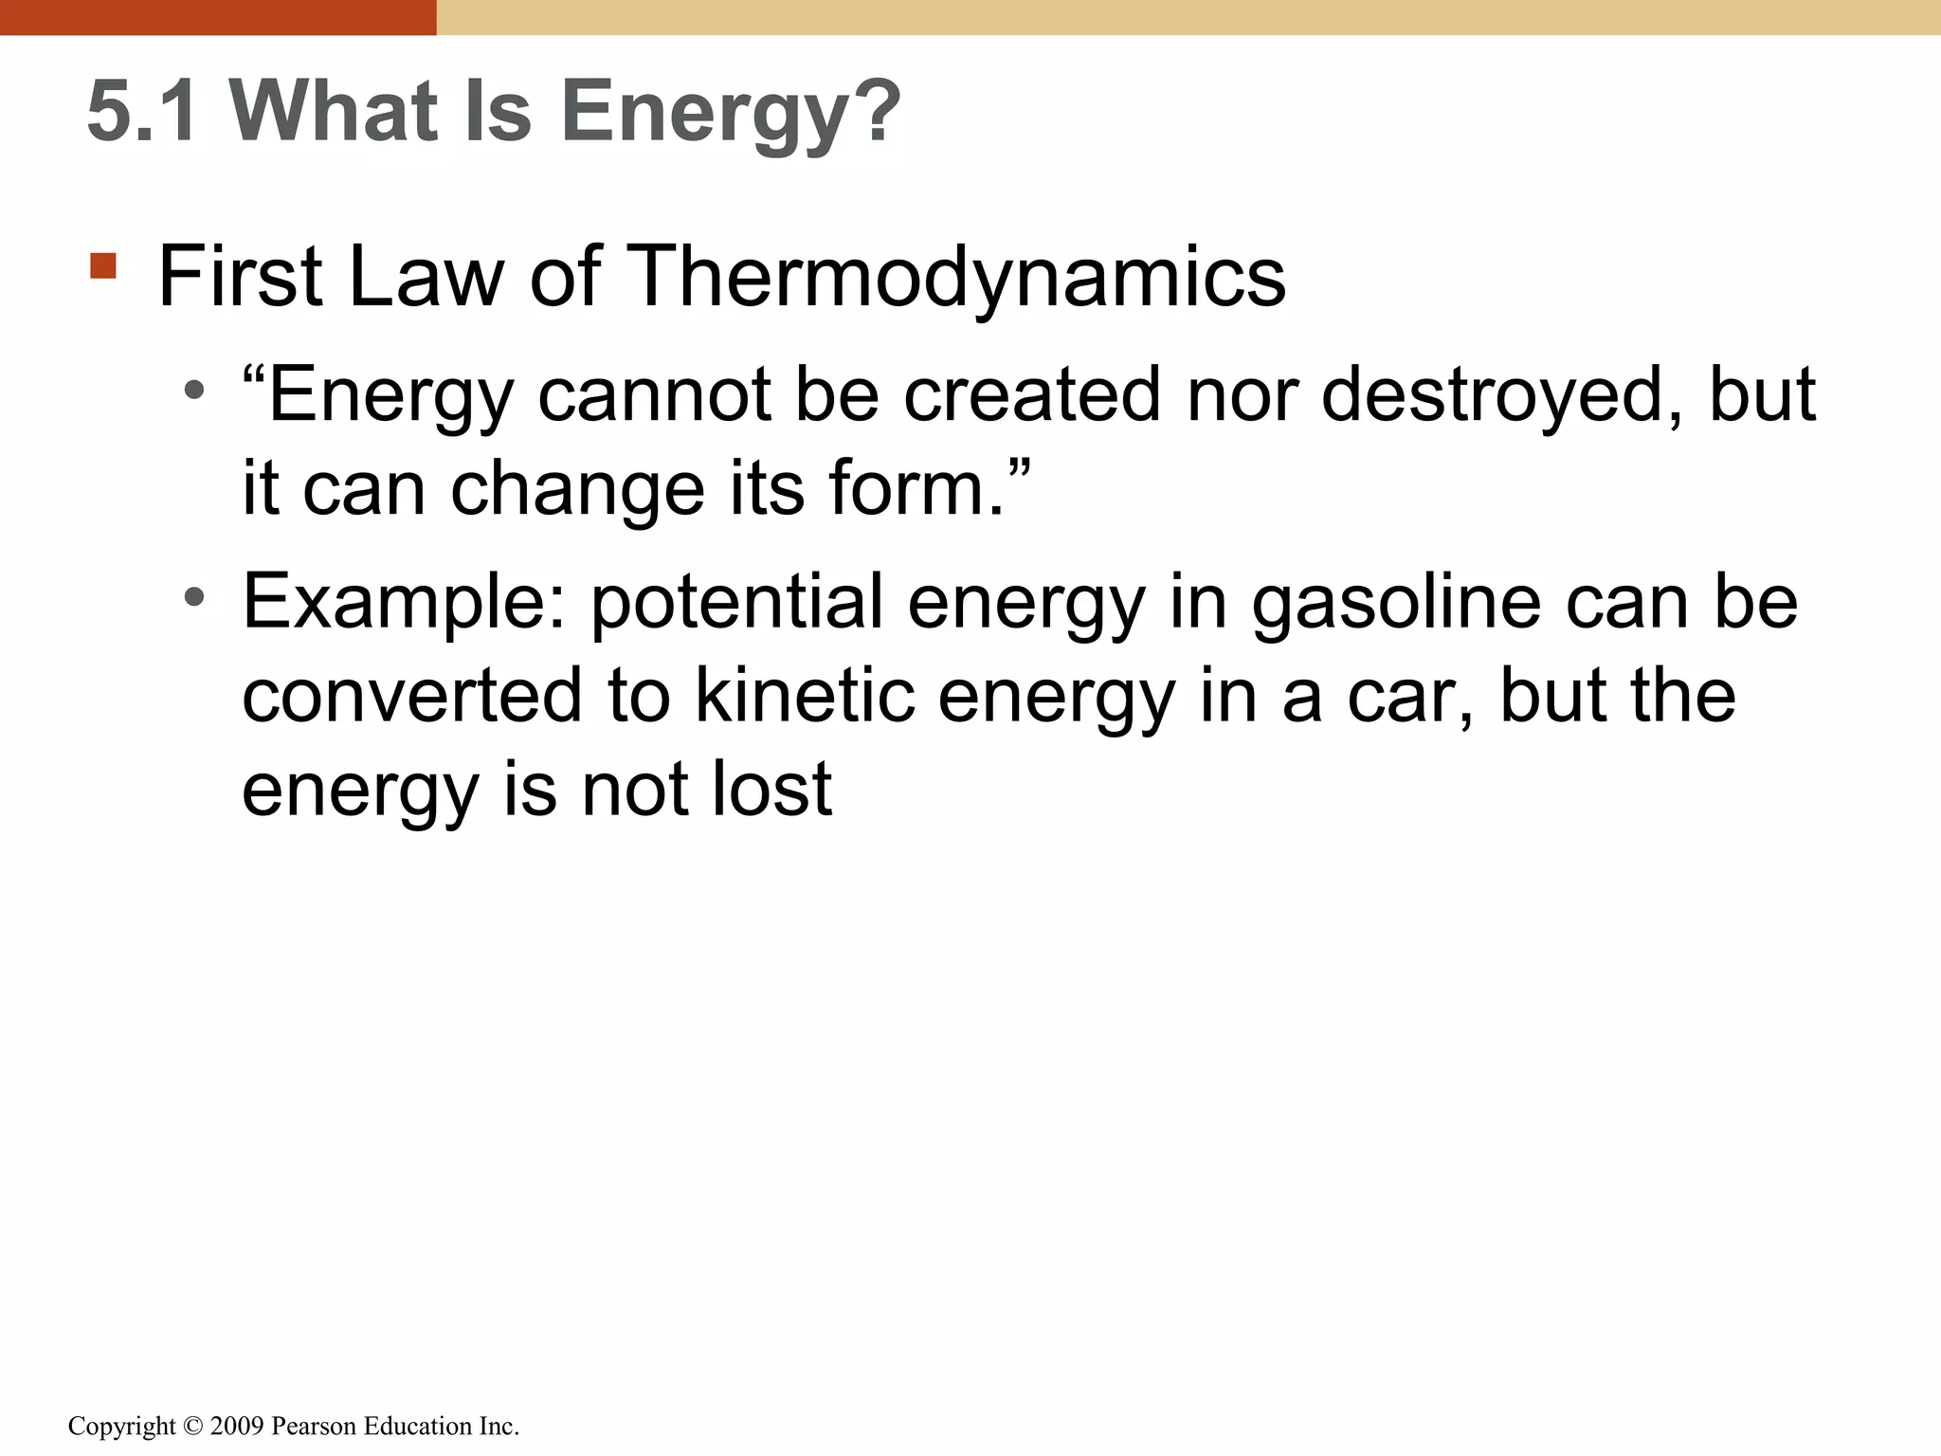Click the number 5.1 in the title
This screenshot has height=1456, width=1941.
[x=143, y=112]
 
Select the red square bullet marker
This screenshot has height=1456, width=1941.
[x=103, y=265]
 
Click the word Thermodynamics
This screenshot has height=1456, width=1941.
[x=956, y=277]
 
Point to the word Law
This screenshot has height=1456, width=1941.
[x=426, y=277]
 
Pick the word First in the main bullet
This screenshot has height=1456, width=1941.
[x=241, y=277]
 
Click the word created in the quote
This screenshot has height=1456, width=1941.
[x=1032, y=394]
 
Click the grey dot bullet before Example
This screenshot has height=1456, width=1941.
[x=194, y=597]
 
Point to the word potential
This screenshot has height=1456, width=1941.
[x=737, y=603]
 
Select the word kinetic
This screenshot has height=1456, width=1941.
[x=805, y=696]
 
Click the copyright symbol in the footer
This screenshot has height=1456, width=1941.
[x=193, y=1427]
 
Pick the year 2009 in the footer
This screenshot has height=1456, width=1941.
[x=237, y=1427]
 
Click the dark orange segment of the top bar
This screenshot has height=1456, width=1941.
[x=218, y=17]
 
